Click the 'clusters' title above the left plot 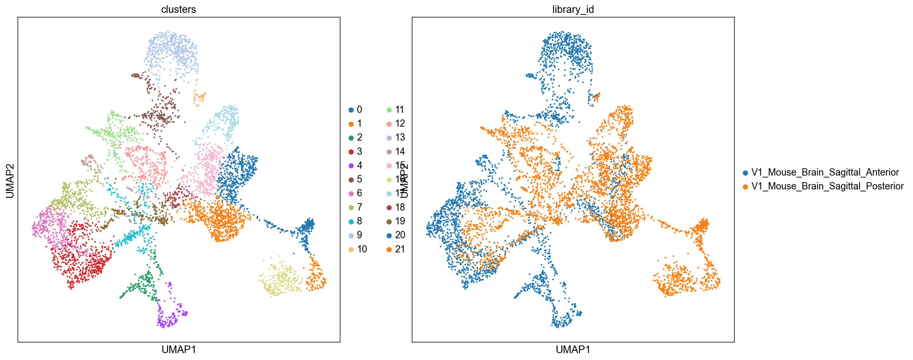[x=178, y=9]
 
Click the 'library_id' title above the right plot [x=573, y=9]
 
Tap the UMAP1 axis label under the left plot [x=179, y=349]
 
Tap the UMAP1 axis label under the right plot [x=573, y=349]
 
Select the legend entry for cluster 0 [x=356, y=110]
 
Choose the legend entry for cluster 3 [x=356, y=152]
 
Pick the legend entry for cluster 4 [x=356, y=165]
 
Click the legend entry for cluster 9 [x=356, y=235]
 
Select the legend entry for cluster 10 [x=358, y=249]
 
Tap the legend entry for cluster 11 [x=396, y=110]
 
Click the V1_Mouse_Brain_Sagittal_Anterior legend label [x=825, y=173]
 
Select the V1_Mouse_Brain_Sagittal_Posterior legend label [x=827, y=186]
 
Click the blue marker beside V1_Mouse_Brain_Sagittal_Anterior [x=745, y=173]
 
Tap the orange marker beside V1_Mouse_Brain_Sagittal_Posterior [x=745, y=187]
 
